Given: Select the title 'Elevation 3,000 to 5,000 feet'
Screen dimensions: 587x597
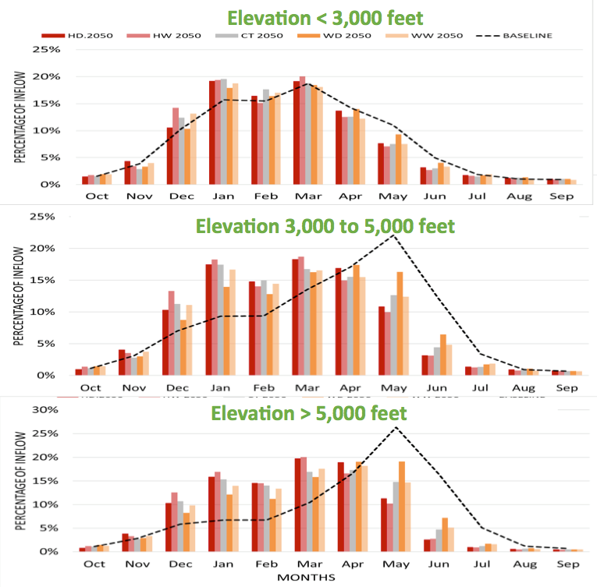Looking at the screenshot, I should pos(325,226).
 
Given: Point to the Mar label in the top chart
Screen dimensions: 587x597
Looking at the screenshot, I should pos(305,196).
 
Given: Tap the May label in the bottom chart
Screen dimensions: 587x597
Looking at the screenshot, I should pos(396,564).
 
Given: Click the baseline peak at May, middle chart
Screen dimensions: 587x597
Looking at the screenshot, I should pos(395,234).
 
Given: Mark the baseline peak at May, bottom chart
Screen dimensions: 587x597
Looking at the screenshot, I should pos(396,427).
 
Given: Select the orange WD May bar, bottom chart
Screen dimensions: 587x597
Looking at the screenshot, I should pos(402,506).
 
